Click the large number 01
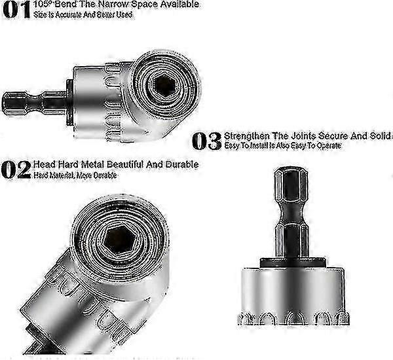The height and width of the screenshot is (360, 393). [16, 10]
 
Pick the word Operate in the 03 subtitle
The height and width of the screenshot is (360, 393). [324, 145]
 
